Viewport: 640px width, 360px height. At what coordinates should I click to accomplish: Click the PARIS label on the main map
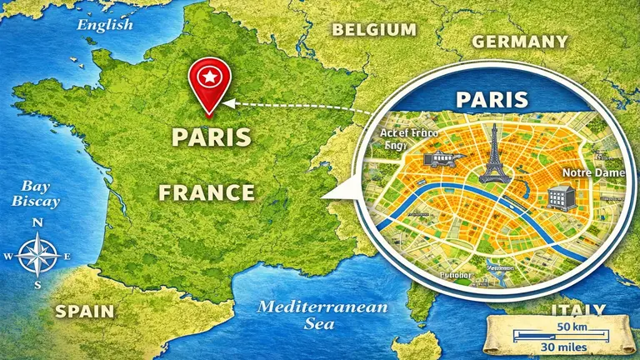click(x=211, y=136)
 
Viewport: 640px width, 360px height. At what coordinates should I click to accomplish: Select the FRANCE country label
click(x=207, y=192)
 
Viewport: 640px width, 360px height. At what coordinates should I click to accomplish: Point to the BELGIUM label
click(x=374, y=30)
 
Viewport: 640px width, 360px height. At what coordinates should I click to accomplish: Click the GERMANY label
click(x=520, y=41)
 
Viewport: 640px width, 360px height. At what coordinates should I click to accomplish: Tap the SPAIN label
click(x=84, y=311)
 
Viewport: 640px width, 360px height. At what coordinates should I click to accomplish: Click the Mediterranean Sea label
click(x=322, y=315)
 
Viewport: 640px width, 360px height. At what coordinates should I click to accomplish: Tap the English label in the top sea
click(x=105, y=24)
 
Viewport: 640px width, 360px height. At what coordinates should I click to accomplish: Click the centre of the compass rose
click(x=37, y=255)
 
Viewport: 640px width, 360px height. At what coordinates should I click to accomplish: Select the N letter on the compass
click(x=37, y=223)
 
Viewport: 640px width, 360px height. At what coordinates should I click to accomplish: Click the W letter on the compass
click(x=8, y=256)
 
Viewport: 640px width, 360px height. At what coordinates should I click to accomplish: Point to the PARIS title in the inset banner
click(x=492, y=100)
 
